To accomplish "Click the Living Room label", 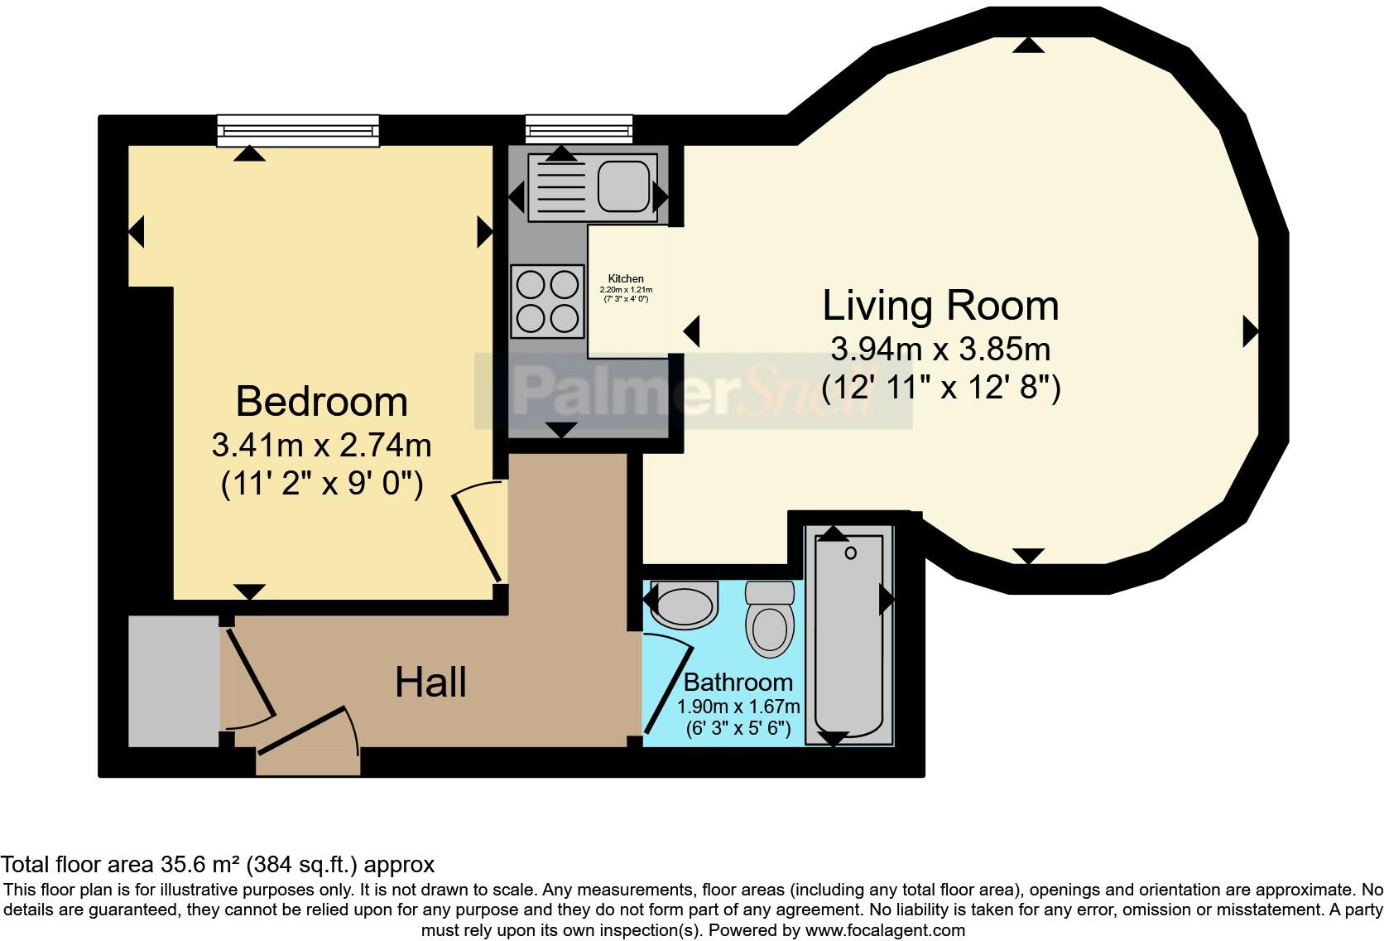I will [x=940, y=306].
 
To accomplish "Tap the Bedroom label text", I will [x=322, y=402].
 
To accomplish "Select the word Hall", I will [x=430, y=683].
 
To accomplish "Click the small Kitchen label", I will [x=626, y=279].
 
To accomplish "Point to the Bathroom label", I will [x=738, y=683].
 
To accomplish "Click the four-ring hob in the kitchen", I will [x=547, y=301].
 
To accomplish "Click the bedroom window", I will [x=298, y=131].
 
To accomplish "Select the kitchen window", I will [x=579, y=129].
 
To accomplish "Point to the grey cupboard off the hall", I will [x=174, y=681].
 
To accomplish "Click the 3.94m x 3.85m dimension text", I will [x=940, y=350].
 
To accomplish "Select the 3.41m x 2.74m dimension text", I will [x=322, y=446].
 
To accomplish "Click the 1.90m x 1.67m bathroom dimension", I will [x=738, y=707].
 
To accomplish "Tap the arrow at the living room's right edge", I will [x=1251, y=332].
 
